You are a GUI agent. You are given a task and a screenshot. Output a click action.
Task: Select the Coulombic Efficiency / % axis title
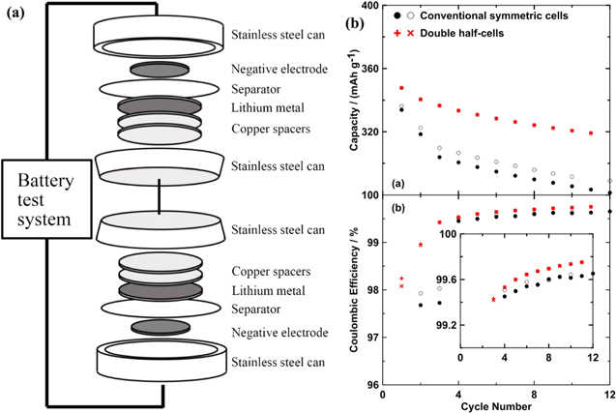pyautogui.click(x=347, y=290)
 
